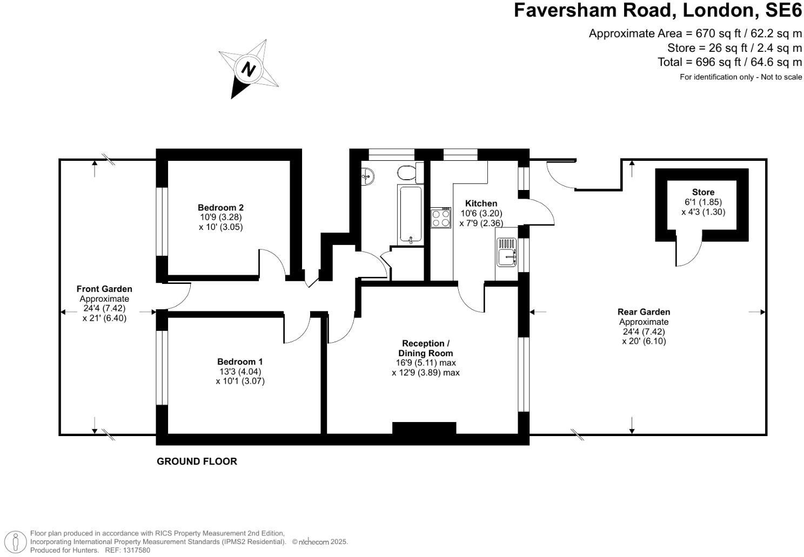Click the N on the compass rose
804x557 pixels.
tap(248, 69)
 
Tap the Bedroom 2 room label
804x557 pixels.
tap(220, 207)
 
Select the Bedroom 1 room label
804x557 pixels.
tap(240, 362)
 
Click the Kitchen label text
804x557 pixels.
tap(481, 203)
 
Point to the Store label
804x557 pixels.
tap(703, 192)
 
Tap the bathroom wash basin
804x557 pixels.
tap(367, 175)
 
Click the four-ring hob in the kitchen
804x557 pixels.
tap(441, 218)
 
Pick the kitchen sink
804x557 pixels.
tap(507, 254)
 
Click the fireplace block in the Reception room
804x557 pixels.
tap(424, 428)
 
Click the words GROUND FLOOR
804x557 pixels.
tap(197, 461)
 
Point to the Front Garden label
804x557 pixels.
tap(104, 289)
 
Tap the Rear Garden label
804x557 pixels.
tap(644, 312)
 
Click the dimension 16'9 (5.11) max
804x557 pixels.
tap(426, 363)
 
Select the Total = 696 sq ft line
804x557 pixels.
tap(729, 62)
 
